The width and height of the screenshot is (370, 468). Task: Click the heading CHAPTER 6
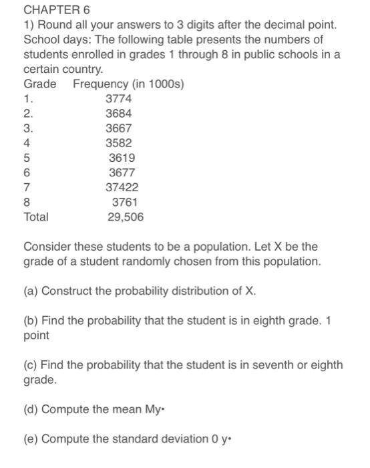[x=56, y=10]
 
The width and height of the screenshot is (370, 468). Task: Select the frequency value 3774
[x=119, y=99]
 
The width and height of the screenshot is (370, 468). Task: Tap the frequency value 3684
[x=119, y=114]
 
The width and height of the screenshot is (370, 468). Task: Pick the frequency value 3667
[x=119, y=128]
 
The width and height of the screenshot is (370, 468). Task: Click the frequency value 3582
[x=119, y=143]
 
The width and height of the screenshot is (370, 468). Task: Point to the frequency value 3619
[x=122, y=158]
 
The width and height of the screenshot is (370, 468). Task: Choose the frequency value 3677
[x=122, y=172]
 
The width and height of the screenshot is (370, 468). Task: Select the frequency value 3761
[x=125, y=202]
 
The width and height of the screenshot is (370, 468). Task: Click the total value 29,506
[x=126, y=217]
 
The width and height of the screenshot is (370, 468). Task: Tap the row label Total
[x=36, y=217]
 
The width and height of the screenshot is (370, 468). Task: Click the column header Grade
[x=40, y=84]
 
